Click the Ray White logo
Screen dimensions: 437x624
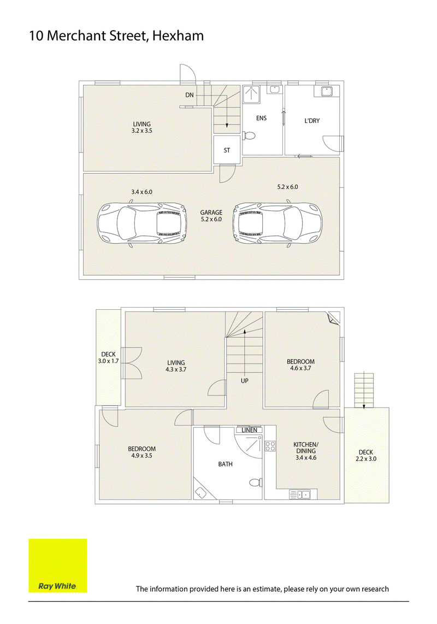[58, 566]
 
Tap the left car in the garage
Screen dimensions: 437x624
[142, 225]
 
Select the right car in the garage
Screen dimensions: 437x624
[277, 225]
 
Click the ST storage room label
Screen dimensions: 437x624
[227, 150]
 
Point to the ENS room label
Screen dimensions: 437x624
[262, 118]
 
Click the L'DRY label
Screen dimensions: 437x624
[312, 121]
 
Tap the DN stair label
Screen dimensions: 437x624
[190, 95]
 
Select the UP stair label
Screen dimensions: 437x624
[244, 381]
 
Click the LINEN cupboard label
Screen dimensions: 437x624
[250, 430]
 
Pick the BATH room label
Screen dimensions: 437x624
[225, 464]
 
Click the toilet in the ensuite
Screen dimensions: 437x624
[249, 136]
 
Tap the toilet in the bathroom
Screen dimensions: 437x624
[255, 482]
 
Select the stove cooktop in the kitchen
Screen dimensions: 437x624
[270, 446]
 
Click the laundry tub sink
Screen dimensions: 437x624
[327, 91]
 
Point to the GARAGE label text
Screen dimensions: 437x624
[211, 213]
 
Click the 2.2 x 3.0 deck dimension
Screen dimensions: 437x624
[366, 459]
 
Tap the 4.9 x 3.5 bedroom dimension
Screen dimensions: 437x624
[141, 456]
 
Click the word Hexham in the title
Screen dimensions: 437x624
[178, 36]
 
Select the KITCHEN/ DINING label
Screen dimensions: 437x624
[306, 448]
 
